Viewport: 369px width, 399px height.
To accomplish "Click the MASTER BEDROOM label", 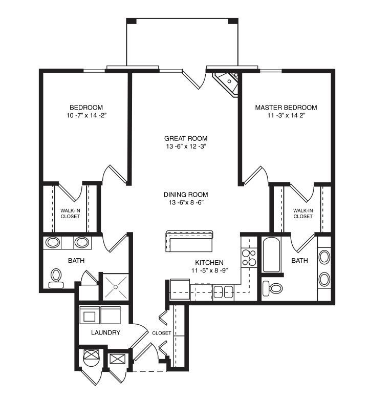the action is click(286, 108).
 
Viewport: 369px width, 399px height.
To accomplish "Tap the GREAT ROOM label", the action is click(186, 138).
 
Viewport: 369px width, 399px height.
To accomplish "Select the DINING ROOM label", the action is click(186, 195).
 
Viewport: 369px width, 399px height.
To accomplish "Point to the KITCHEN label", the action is click(209, 263).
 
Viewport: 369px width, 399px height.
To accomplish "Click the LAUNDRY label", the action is click(105, 332).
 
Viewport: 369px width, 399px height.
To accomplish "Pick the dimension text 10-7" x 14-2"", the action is click(86, 116).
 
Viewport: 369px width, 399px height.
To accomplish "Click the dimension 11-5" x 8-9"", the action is click(209, 270).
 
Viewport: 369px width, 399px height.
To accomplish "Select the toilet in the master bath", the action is click(272, 288).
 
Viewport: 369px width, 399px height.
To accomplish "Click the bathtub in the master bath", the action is click(271, 255).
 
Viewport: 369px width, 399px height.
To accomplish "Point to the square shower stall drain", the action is click(116, 287).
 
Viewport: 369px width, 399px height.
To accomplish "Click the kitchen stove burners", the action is click(249, 258).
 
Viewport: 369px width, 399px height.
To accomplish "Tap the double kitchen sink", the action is click(224, 291).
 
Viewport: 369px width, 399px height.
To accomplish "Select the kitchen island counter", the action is click(189, 241).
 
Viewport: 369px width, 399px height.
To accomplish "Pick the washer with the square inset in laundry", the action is click(90, 315).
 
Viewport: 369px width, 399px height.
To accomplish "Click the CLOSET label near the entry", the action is click(162, 333).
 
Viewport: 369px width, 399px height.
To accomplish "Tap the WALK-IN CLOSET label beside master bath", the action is click(303, 214).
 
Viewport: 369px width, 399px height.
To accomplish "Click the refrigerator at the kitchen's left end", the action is click(180, 289).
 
